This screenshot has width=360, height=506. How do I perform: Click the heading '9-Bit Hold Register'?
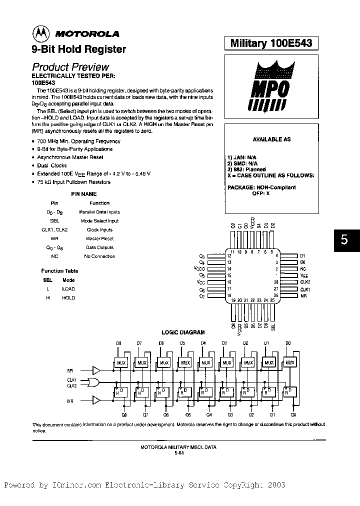pos(79,49)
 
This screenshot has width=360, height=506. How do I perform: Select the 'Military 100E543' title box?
pos(271,43)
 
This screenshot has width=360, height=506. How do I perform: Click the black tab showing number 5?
pos(344,239)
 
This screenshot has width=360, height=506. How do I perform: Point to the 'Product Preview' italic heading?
pos(70,67)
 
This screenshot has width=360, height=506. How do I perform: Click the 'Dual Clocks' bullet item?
pos(52,165)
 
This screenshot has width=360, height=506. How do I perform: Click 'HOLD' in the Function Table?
pos(68,297)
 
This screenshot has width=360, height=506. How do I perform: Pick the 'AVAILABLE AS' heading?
pos(271,139)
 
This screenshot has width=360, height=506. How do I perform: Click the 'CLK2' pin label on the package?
pos(305,282)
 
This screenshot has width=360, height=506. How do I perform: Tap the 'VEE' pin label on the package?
pos(304,275)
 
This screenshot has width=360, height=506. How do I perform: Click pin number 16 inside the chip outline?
pos(229,282)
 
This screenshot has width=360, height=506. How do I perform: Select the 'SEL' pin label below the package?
pos(273,327)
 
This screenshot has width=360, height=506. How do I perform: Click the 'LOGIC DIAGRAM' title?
pos(182,332)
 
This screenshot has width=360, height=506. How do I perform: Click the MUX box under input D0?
pos(289,362)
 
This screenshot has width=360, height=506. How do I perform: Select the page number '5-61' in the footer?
pos(178,452)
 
